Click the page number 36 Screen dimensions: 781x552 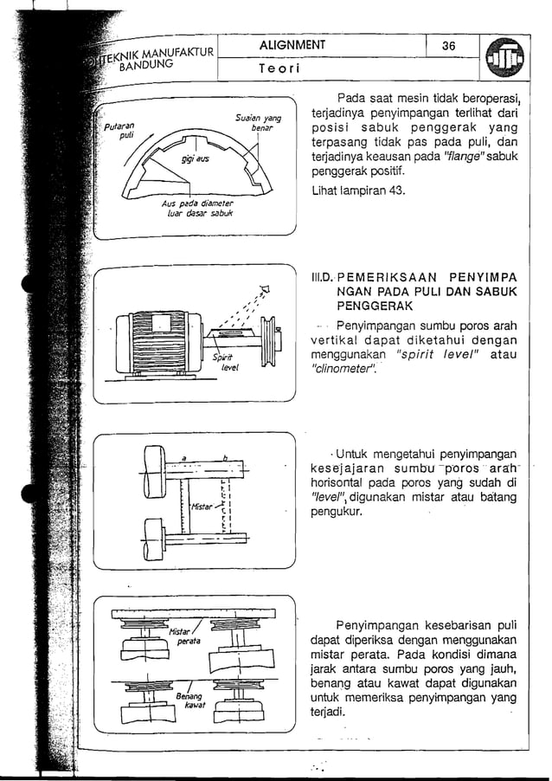tap(449, 46)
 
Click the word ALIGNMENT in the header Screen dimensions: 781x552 tap(293, 46)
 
